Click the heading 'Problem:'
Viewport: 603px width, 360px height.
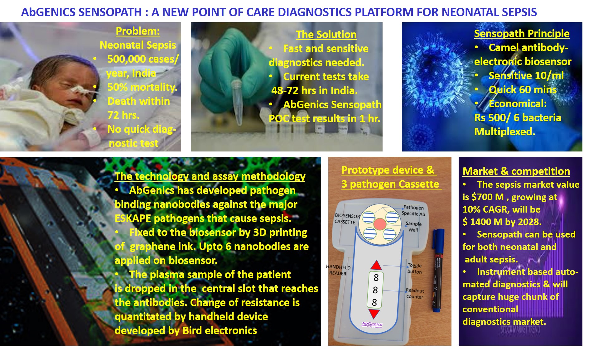[137, 31]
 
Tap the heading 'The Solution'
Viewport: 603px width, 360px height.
[326, 34]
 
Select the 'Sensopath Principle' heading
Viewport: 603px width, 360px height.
[522, 33]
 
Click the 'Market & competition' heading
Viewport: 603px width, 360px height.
[516, 171]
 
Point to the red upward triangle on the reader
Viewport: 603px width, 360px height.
[376, 265]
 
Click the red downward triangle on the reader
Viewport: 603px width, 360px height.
[374, 314]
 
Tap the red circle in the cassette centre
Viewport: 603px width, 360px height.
[379, 223]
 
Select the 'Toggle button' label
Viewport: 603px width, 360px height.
[414, 268]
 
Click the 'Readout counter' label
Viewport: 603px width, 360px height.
[415, 293]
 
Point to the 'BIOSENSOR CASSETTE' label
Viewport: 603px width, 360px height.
[347, 219]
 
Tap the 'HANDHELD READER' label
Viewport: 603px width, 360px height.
[338, 270]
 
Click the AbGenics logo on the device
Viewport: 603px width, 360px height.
[372, 325]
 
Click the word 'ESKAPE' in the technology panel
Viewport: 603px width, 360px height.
[133, 218]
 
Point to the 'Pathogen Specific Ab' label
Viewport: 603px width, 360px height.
[413, 210]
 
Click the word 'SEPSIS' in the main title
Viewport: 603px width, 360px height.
[519, 12]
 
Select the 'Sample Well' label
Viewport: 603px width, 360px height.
[413, 227]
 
